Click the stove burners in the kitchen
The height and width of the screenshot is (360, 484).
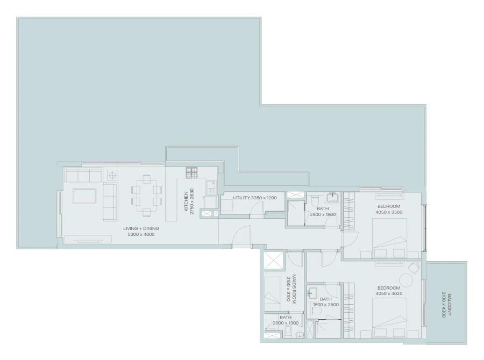193,172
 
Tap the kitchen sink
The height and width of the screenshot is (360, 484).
212,187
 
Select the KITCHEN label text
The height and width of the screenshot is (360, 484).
186,201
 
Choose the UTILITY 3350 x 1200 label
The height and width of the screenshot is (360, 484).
255,198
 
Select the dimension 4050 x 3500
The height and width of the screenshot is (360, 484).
389,212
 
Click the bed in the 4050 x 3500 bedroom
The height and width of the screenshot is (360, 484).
389,240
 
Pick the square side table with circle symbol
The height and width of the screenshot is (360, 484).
113,175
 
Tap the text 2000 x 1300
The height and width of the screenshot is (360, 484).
285,323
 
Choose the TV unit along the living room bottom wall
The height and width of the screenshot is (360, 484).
89,239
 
